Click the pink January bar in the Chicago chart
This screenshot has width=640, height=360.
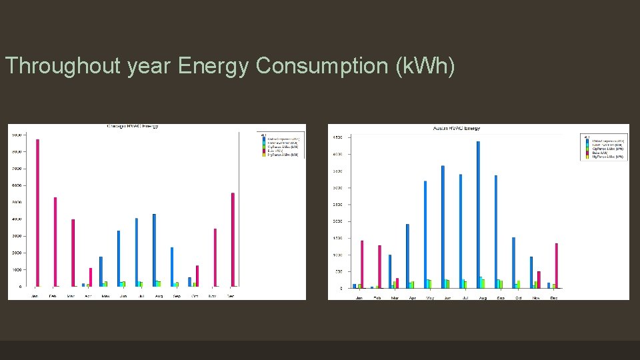37,213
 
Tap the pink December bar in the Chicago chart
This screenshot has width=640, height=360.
233,239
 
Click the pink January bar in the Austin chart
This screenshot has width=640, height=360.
362,264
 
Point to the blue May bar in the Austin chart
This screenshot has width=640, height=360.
425,234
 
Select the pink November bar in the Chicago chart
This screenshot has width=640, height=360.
215,257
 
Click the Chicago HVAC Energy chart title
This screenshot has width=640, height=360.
133,126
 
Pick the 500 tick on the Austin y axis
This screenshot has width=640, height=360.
339,271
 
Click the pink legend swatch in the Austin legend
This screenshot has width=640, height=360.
587,153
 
